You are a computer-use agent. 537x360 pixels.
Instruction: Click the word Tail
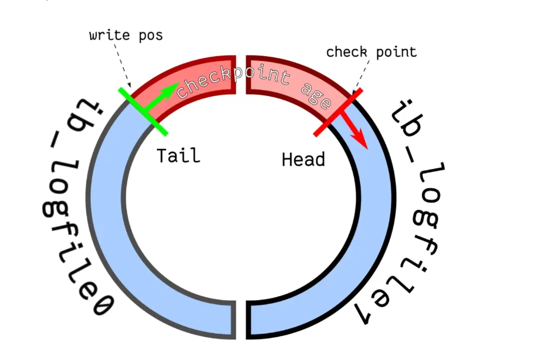pos(178,155)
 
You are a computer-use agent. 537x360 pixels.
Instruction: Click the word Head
pos(303,159)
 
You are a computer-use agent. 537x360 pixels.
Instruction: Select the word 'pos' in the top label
pos(149,36)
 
